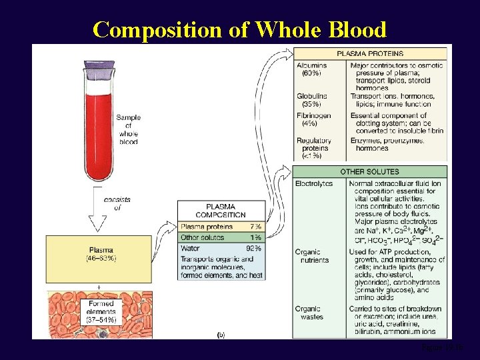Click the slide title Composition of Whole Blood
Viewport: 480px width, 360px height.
point(239,29)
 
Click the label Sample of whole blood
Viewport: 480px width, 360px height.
point(129,129)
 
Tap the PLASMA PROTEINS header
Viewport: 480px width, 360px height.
point(370,53)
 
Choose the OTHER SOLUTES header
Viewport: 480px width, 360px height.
point(370,172)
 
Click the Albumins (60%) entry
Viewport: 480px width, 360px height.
point(311,68)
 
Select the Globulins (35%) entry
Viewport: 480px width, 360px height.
point(312,100)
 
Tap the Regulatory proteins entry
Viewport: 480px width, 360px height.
point(313,149)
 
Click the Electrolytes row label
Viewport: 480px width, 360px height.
point(313,183)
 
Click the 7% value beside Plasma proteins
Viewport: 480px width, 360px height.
point(254,227)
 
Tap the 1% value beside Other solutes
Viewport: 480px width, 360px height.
point(254,237)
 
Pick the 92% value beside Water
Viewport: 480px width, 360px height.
point(253,248)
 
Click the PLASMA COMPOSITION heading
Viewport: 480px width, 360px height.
point(221,211)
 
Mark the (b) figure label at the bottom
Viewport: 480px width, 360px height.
point(221,334)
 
